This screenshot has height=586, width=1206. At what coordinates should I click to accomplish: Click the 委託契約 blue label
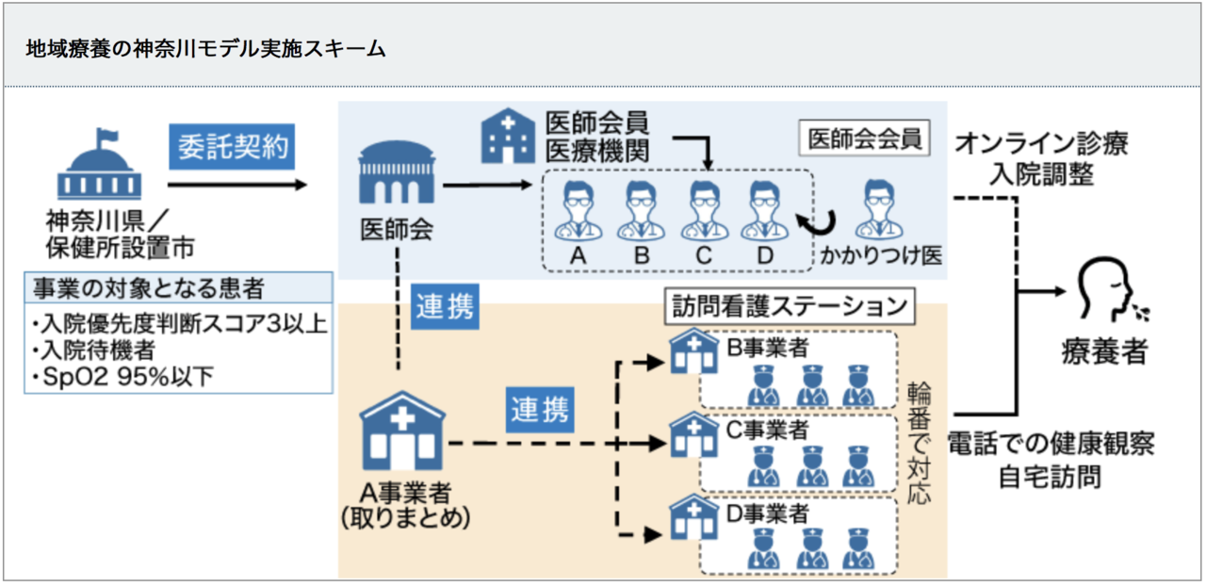(x=232, y=149)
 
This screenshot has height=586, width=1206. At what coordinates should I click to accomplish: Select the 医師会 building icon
(x=397, y=175)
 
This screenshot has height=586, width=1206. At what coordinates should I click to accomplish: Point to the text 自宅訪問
(x=1050, y=476)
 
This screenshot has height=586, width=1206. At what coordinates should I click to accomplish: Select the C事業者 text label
(x=767, y=430)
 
